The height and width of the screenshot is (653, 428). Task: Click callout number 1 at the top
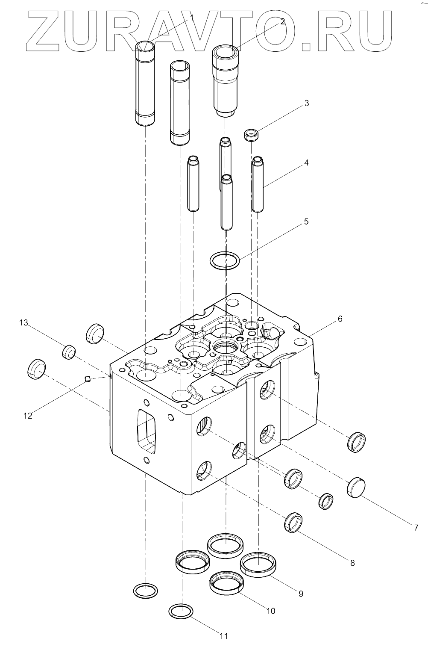tap(192, 18)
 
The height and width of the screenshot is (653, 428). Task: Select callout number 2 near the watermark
tap(282, 23)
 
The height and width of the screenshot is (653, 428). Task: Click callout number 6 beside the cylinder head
tap(340, 319)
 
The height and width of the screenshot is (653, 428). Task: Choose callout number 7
tap(416, 528)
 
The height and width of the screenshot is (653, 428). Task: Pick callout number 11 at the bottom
tap(223, 636)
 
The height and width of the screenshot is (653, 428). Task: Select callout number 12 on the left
tap(28, 415)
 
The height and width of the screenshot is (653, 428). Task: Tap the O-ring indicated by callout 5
tap(225, 260)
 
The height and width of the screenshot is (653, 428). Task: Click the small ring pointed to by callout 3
tap(252, 135)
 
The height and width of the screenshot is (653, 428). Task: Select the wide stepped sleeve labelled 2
tap(225, 81)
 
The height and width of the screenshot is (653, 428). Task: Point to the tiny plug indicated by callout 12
tap(88, 378)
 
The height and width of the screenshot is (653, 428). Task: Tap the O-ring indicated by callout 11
tap(181, 611)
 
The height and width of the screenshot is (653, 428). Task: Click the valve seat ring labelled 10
tap(226, 583)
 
